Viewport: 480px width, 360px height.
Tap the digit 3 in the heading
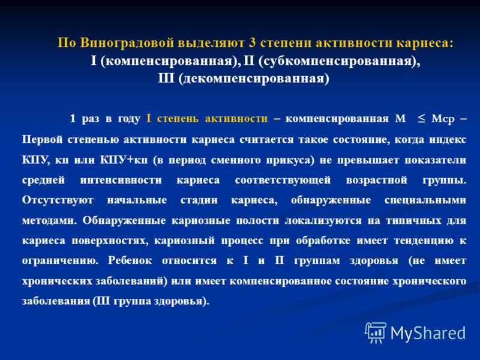click(x=252, y=42)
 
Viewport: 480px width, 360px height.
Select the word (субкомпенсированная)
click(x=339, y=61)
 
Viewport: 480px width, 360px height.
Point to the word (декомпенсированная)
click(x=254, y=79)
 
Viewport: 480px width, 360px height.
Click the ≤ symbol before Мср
click(x=421, y=118)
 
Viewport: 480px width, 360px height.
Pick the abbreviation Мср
click(x=443, y=119)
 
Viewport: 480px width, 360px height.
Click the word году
click(x=129, y=119)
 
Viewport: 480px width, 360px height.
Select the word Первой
click(x=42, y=140)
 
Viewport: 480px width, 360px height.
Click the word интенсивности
click(x=121, y=179)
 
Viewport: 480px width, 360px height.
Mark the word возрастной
click(x=377, y=180)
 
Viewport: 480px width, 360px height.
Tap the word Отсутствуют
click(x=58, y=200)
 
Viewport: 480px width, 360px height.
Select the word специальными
click(x=425, y=200)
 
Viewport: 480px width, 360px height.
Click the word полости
click(x=257, y=220)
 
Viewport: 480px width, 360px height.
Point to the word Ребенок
click(x=130, y=260)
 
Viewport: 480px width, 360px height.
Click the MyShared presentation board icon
click(x=376, y=332)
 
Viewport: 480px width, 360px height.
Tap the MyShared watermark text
click(x=428, y=333)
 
